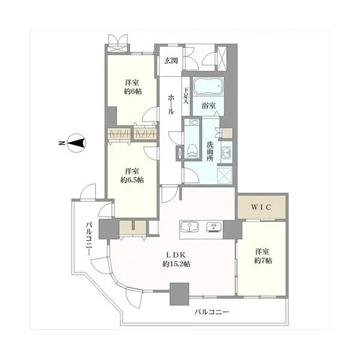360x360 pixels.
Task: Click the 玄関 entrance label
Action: coord(171,61)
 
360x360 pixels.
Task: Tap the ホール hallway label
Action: coord(171,105)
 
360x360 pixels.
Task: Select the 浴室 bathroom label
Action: coord(208,106)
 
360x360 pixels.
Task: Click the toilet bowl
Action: coord(192,151)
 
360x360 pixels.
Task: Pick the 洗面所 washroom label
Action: coord(210,151)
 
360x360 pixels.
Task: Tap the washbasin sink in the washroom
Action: coord(226,152)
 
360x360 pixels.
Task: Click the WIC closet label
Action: coord(261,208)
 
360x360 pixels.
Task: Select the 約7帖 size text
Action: coord(263,261)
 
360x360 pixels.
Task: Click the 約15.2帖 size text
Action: coord(176,264)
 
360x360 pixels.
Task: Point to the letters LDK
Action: coord(176,255)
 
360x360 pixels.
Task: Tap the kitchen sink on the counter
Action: coord(190,227)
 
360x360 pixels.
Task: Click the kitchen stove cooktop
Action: coord(214,227)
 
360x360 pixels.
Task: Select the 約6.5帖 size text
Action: coord(132,180)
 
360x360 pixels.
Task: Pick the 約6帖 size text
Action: coord(133,91)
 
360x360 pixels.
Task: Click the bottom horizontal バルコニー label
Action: coord(212,312)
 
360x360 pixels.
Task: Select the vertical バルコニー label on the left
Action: coord(89,238)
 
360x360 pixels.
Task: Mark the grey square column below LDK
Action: coord(179,294)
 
